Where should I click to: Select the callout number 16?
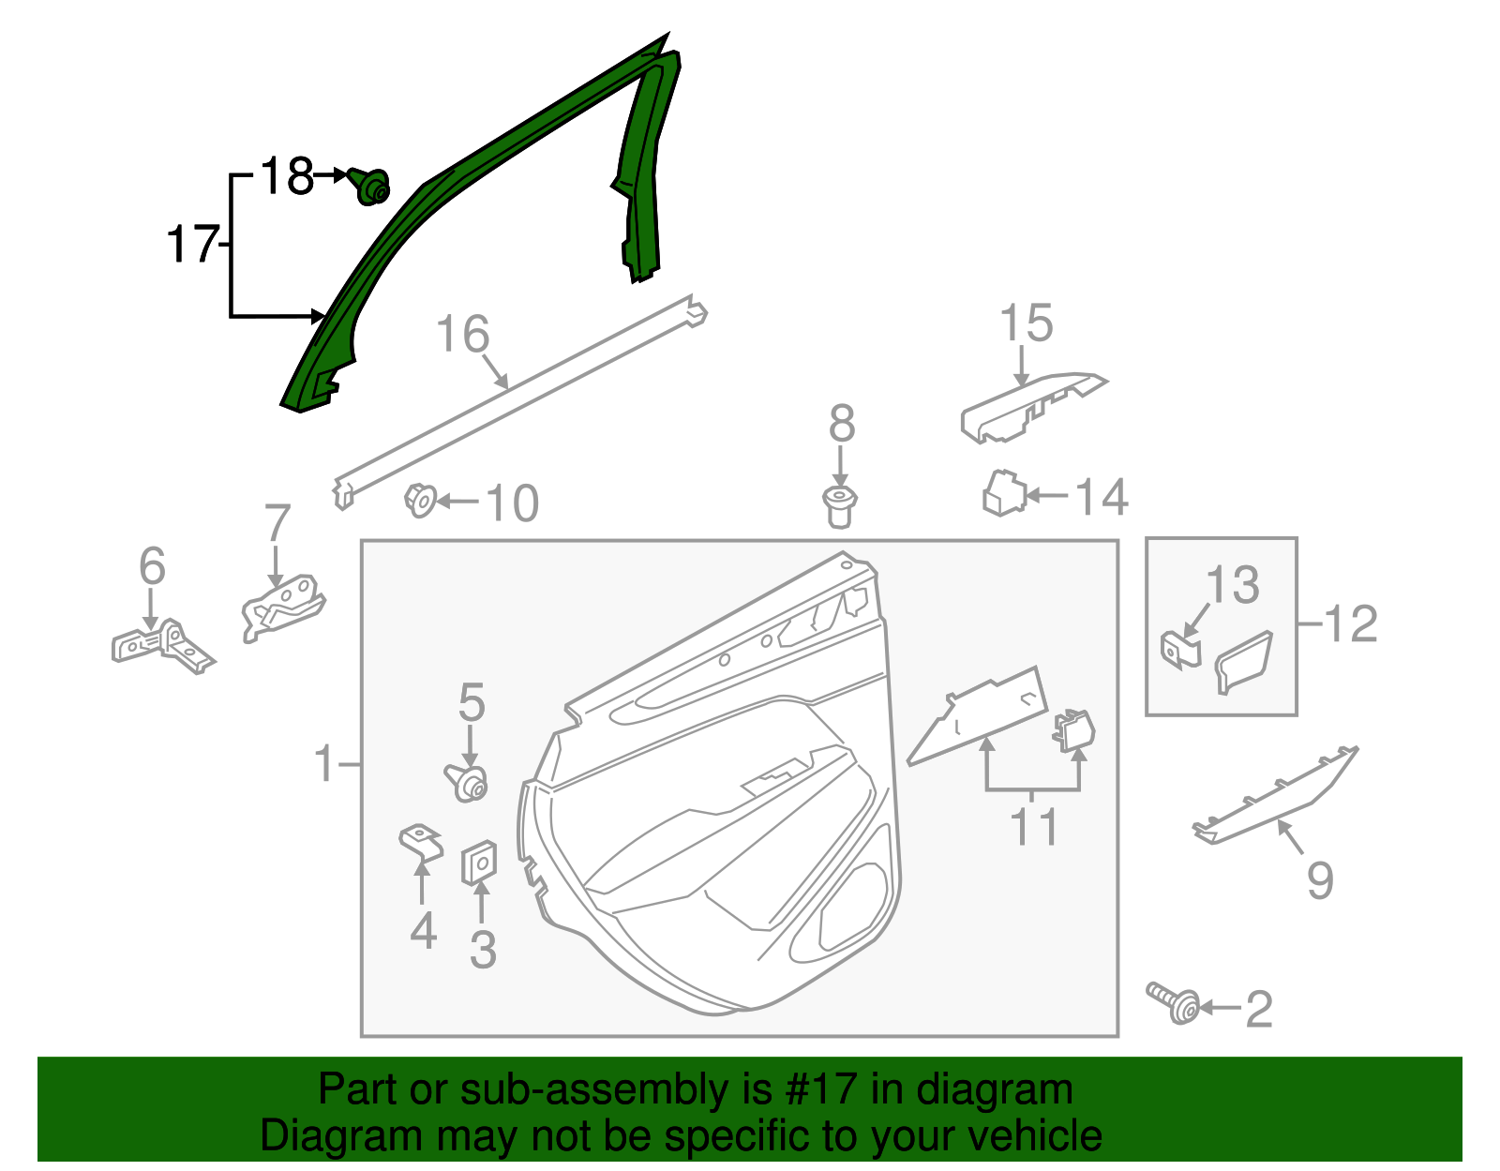(x=463, y=335)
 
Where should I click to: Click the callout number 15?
(x=1026, y=323)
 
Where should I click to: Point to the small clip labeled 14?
(x=1003, y=493)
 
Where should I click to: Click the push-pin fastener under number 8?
(x=841, y=506)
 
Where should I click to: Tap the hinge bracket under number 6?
(x=161, y=646)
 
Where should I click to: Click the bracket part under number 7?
(x=281, y=608)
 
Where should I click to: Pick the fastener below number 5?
(x=467, y=782)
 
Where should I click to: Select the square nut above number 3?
(x=479, y=862)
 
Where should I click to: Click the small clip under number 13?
(x=1180, y=649)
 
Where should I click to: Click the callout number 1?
(x=324, y=764)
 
